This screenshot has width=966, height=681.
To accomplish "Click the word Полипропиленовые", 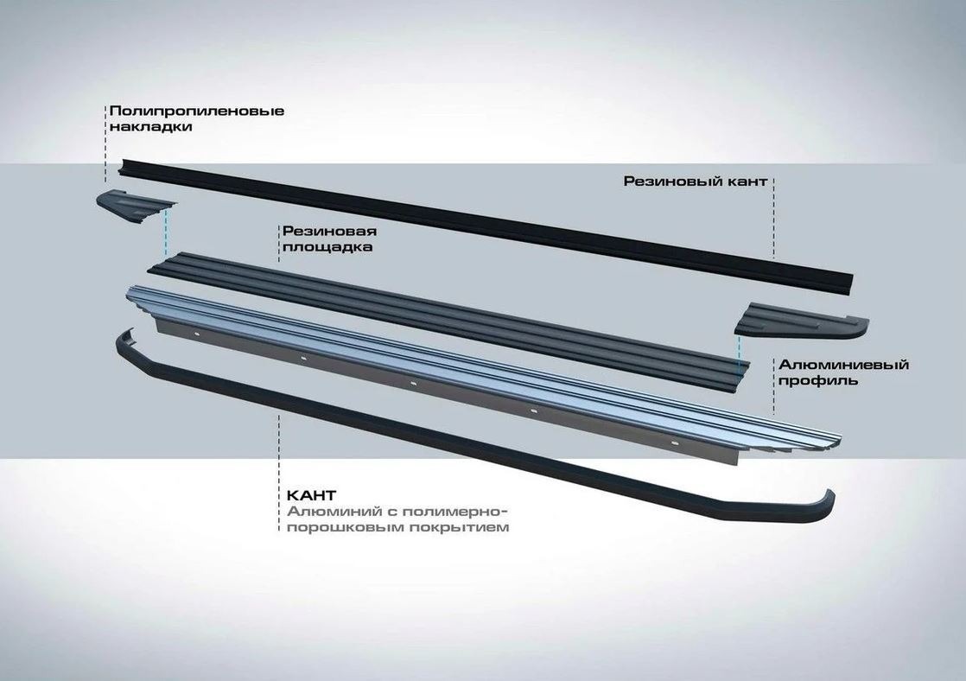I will [x=196, y=111].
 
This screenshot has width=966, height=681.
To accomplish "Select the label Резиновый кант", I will [x=694, y=181].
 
